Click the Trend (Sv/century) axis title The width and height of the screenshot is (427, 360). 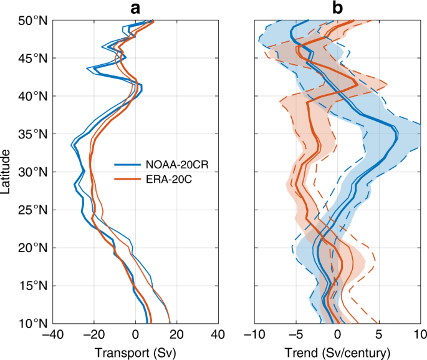point(337,353)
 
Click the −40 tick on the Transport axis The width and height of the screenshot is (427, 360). point(52,336)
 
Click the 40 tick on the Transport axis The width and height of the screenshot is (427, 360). point(218,336)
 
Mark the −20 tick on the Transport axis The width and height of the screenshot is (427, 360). point(94,336)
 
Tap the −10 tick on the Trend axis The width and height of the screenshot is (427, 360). point(252,336)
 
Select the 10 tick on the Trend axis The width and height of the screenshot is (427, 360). point(420,336)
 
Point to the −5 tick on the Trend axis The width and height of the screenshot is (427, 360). point(295,336)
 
